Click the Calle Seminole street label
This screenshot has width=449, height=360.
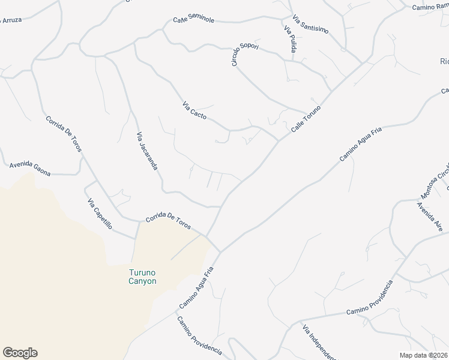194,20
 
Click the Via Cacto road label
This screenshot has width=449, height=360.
194,110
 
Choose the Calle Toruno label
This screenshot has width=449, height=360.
306,119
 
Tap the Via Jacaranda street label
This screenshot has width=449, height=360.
147,151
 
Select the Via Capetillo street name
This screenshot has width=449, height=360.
100,214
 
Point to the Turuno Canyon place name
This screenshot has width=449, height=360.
142,277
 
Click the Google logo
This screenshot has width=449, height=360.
20,353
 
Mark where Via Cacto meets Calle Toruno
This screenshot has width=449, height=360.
278,141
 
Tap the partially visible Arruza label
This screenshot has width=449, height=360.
12,20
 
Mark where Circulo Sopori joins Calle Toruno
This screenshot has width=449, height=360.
307,112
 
